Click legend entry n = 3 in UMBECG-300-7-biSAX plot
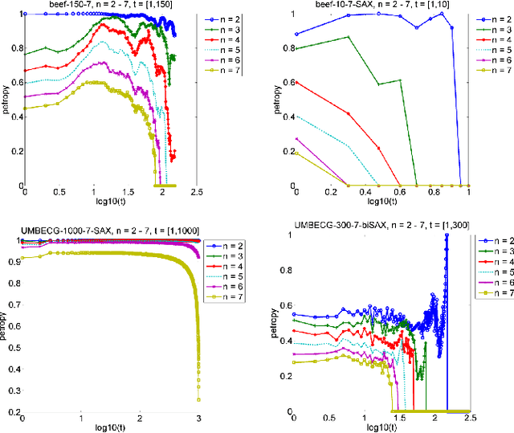[x=493, y=251]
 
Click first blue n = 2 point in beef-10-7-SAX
[x=296, y=34]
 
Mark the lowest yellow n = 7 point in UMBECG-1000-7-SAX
[x=198, y=399]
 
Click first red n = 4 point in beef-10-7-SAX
[x=296, y=82]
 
